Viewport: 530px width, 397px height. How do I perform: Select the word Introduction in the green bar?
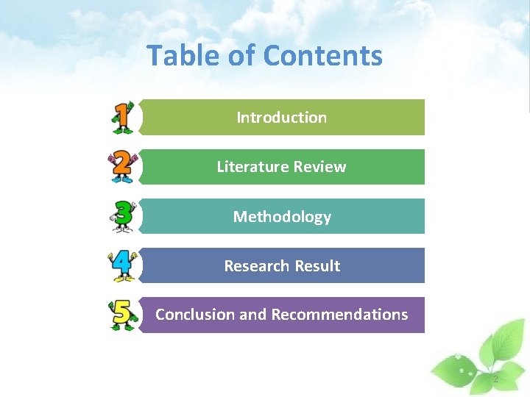tap(281, 118)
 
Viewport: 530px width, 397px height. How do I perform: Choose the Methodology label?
tap(282, 217)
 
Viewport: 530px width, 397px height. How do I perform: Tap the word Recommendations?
tap(339, 315)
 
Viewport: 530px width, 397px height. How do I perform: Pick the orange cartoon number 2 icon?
tap(122, 167)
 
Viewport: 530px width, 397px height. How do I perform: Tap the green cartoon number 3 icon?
tap(122, 216)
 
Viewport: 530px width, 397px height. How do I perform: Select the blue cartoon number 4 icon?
tap(122, 265)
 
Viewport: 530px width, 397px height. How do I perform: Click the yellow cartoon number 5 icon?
tap(122, 315)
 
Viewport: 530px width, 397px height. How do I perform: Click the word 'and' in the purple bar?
tap(252, 315)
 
